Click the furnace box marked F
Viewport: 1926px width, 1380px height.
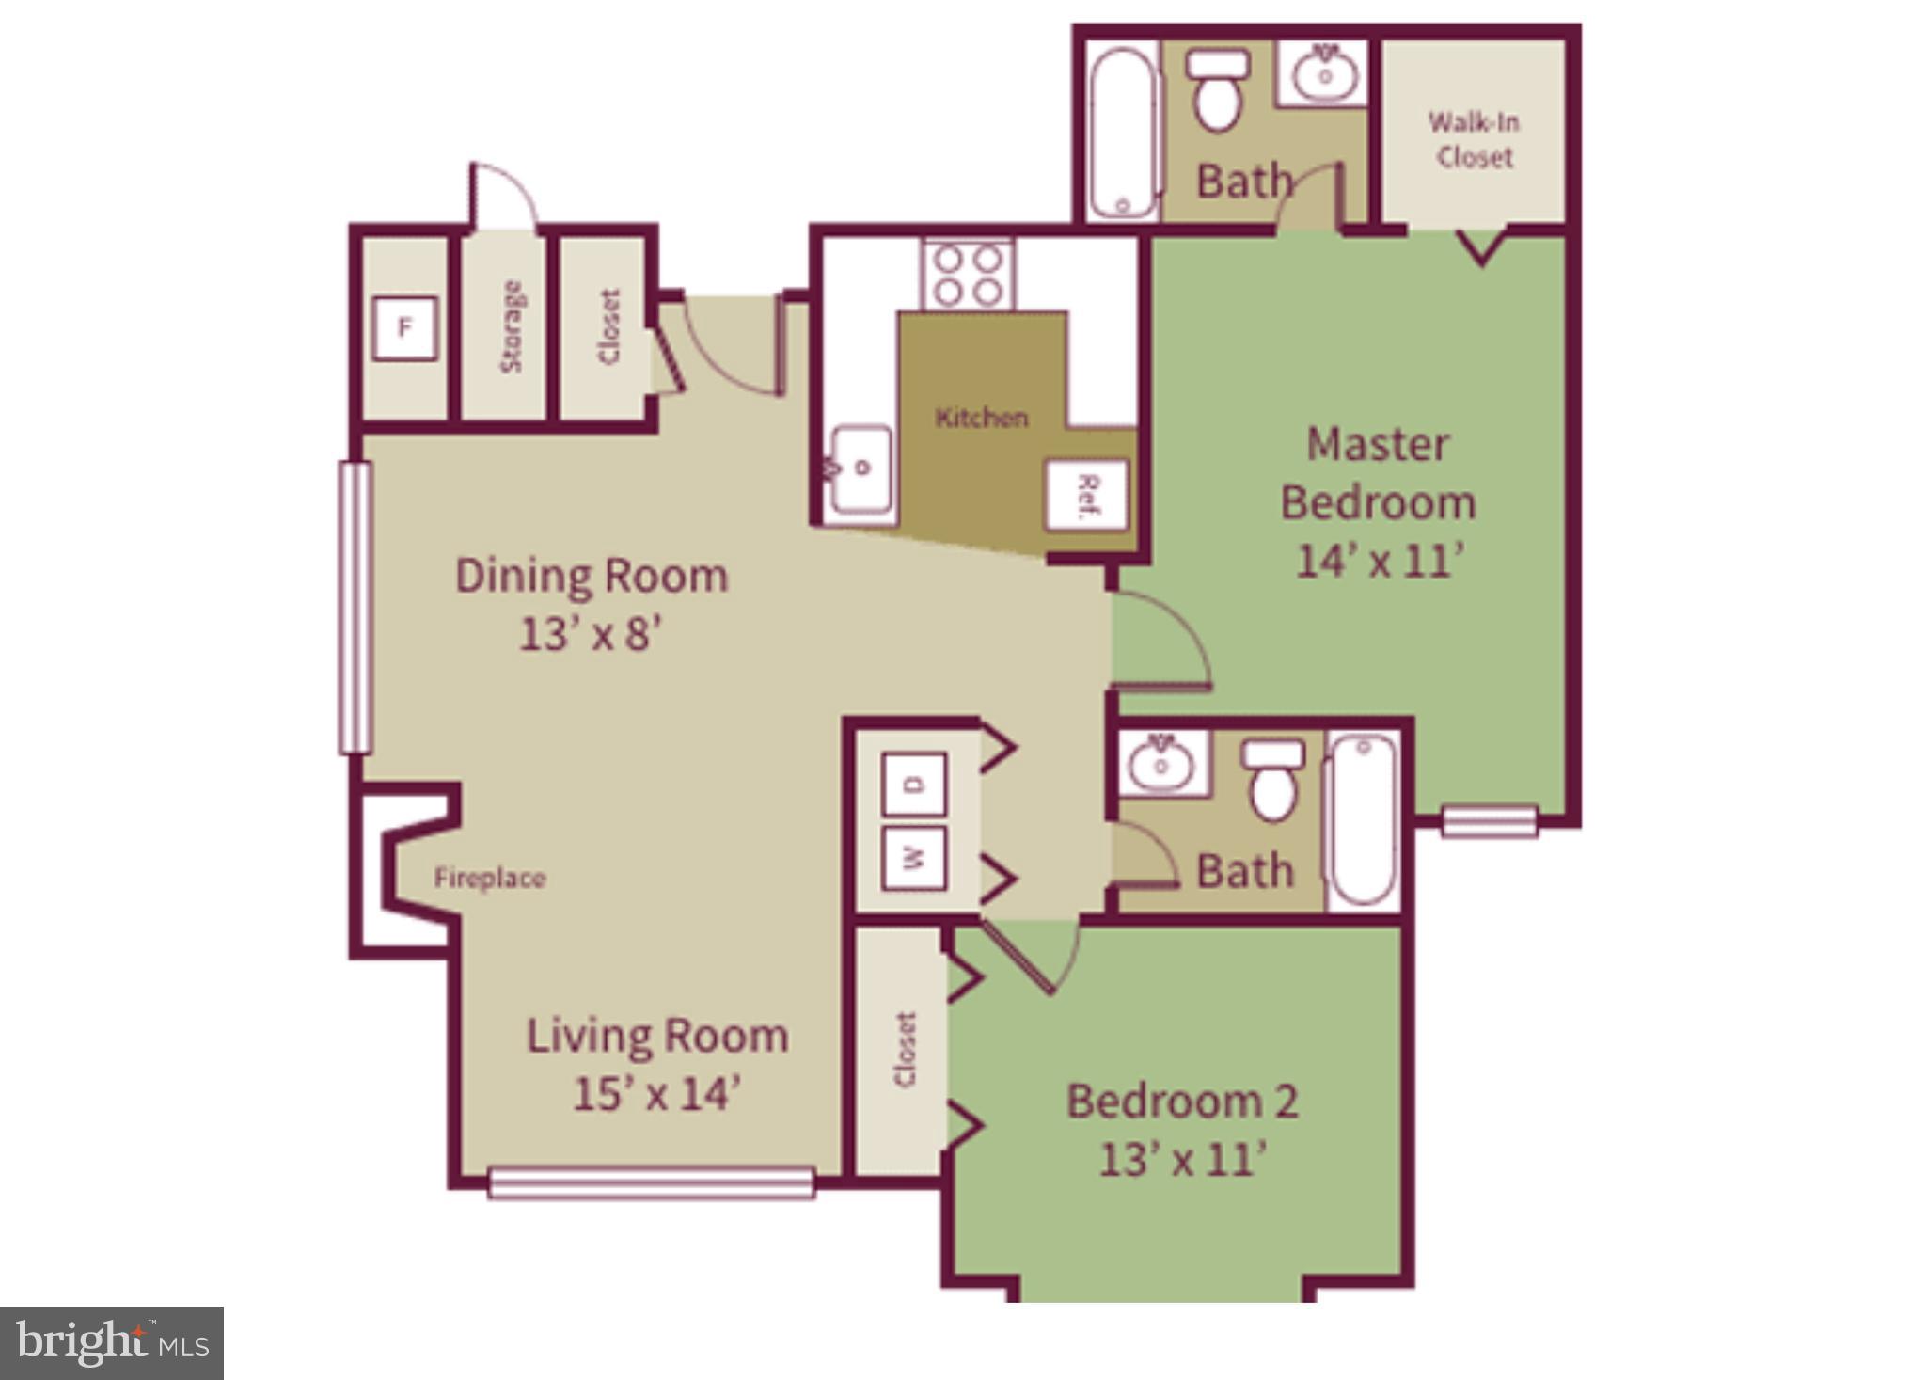[x=404, y=327]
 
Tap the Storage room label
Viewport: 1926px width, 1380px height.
[x=512, y=327]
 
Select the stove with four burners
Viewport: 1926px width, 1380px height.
[x=968, y=274]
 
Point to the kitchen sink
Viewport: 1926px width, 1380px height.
[x=861, y=469]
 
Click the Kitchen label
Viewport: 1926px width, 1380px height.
[x=981, y=417]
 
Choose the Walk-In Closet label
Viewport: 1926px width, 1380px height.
[x=1474, y=139]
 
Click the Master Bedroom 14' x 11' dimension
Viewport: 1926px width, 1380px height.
[x=1380, y=562]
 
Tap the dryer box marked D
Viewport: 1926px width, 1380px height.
[x=914, y=784]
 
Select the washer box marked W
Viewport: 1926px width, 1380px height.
[x=914, y=857]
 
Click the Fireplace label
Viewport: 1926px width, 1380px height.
[x=489, y=879]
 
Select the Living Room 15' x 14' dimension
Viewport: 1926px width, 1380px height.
[x=656, y=1094]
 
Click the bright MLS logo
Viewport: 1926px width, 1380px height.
[x=111, y=1342]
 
